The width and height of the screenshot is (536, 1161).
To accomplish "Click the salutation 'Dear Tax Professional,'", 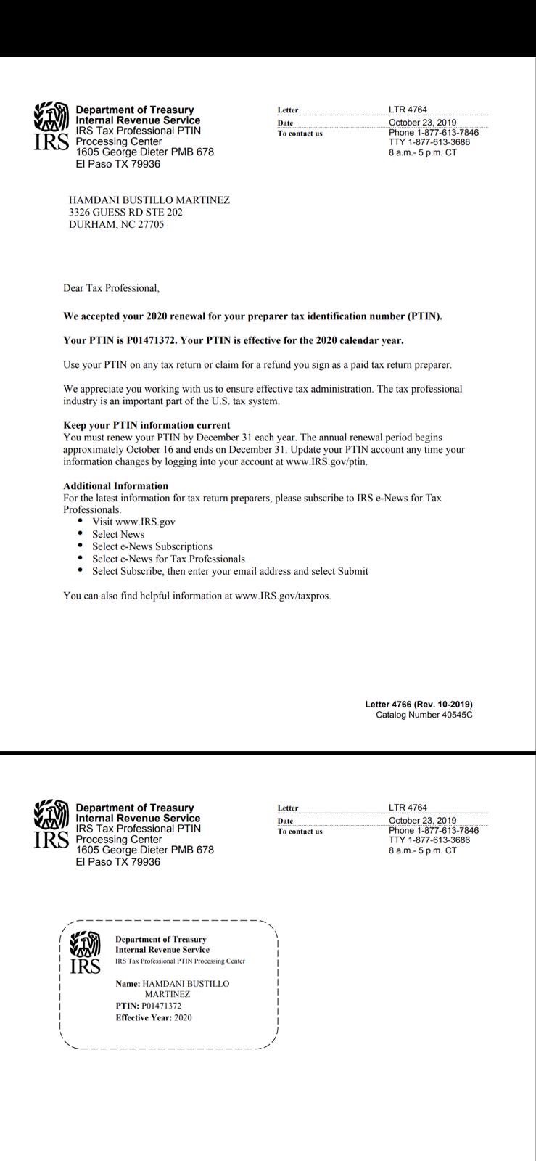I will [x=111, y=288].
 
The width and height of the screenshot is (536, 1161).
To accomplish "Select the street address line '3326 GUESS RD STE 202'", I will [x=125, y=213].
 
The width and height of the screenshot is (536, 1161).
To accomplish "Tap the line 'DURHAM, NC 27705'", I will [x=116, y=225].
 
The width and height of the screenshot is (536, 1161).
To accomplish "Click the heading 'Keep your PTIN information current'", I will [x=147, y=425].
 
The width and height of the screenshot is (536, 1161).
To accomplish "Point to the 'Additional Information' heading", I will [x=115, y=486].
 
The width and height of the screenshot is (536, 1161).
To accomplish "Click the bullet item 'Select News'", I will [x=118, y=534].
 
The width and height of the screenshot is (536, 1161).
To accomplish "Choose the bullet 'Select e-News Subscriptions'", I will [x=152, y=546].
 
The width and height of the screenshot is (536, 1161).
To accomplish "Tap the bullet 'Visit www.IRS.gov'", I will [x=133, y=522].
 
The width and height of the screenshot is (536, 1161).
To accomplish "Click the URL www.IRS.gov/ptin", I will [x=326, y=461].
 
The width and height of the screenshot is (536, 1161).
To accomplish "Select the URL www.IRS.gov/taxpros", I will [x=283, y=596].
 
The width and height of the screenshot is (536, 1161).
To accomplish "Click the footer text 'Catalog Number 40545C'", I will [x=424, y=715].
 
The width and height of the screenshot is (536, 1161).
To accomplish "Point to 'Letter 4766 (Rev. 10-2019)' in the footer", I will [x=419, y=704].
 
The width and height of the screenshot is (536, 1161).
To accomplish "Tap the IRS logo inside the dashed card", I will [x=85, y=953].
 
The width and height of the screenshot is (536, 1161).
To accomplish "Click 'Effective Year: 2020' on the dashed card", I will [x=154, y=1017].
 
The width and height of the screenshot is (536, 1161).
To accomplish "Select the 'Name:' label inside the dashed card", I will [x=128, y=984].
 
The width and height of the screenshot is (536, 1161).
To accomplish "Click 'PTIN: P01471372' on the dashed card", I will [x=149, y=1006].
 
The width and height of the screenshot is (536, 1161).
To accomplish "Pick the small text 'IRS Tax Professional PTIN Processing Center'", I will [x=180, y=961].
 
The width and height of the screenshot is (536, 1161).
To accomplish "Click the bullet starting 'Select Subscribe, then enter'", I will [x=230, y=571].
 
